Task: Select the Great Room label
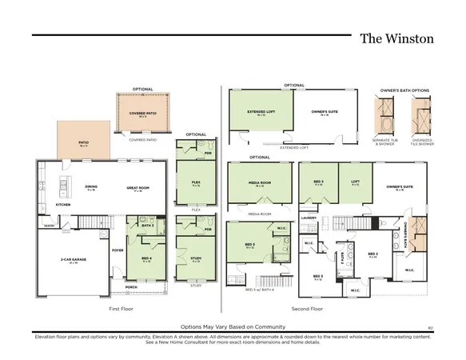click(x=138, y=189)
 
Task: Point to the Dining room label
click(x=90, y=189)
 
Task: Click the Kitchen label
click(x=63, y=205)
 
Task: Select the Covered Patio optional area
click(x=142, y=114)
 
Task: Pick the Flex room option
click(x=195, y=182)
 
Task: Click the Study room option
click(x=195, y=258)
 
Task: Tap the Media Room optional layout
click(x=259, y=183)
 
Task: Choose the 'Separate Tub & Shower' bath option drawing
click(x=385, y=117)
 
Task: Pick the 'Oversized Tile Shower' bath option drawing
click(x=418, y=117)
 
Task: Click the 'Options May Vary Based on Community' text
click(x=232, y=326)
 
